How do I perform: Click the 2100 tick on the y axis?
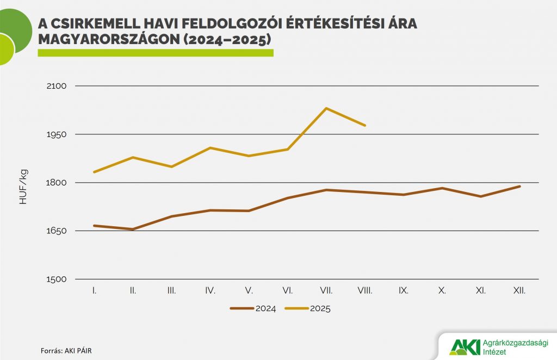click(x=56, y=86)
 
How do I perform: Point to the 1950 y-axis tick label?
click(x=56, y=134)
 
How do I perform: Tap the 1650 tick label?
click(x=56, y=231)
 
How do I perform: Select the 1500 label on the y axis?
click(x=56, y=280)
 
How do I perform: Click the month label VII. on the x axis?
click(x=326, y=291)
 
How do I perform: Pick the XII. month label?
click(x=519, y=291)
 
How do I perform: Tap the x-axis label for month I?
click(x=95, y=291)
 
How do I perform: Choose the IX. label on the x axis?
click(x=404, y=291)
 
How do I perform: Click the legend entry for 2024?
click(x=253, y=308)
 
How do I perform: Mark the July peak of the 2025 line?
click(x=326, y=108)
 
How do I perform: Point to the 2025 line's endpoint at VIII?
click(x=365, y=126)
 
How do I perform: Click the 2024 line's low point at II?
click(x=133, y=229)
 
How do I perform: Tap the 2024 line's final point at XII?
click(x=520, y=187)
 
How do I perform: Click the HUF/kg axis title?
click(x=23, y=187)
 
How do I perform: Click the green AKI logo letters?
click(x=465, y=346)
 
